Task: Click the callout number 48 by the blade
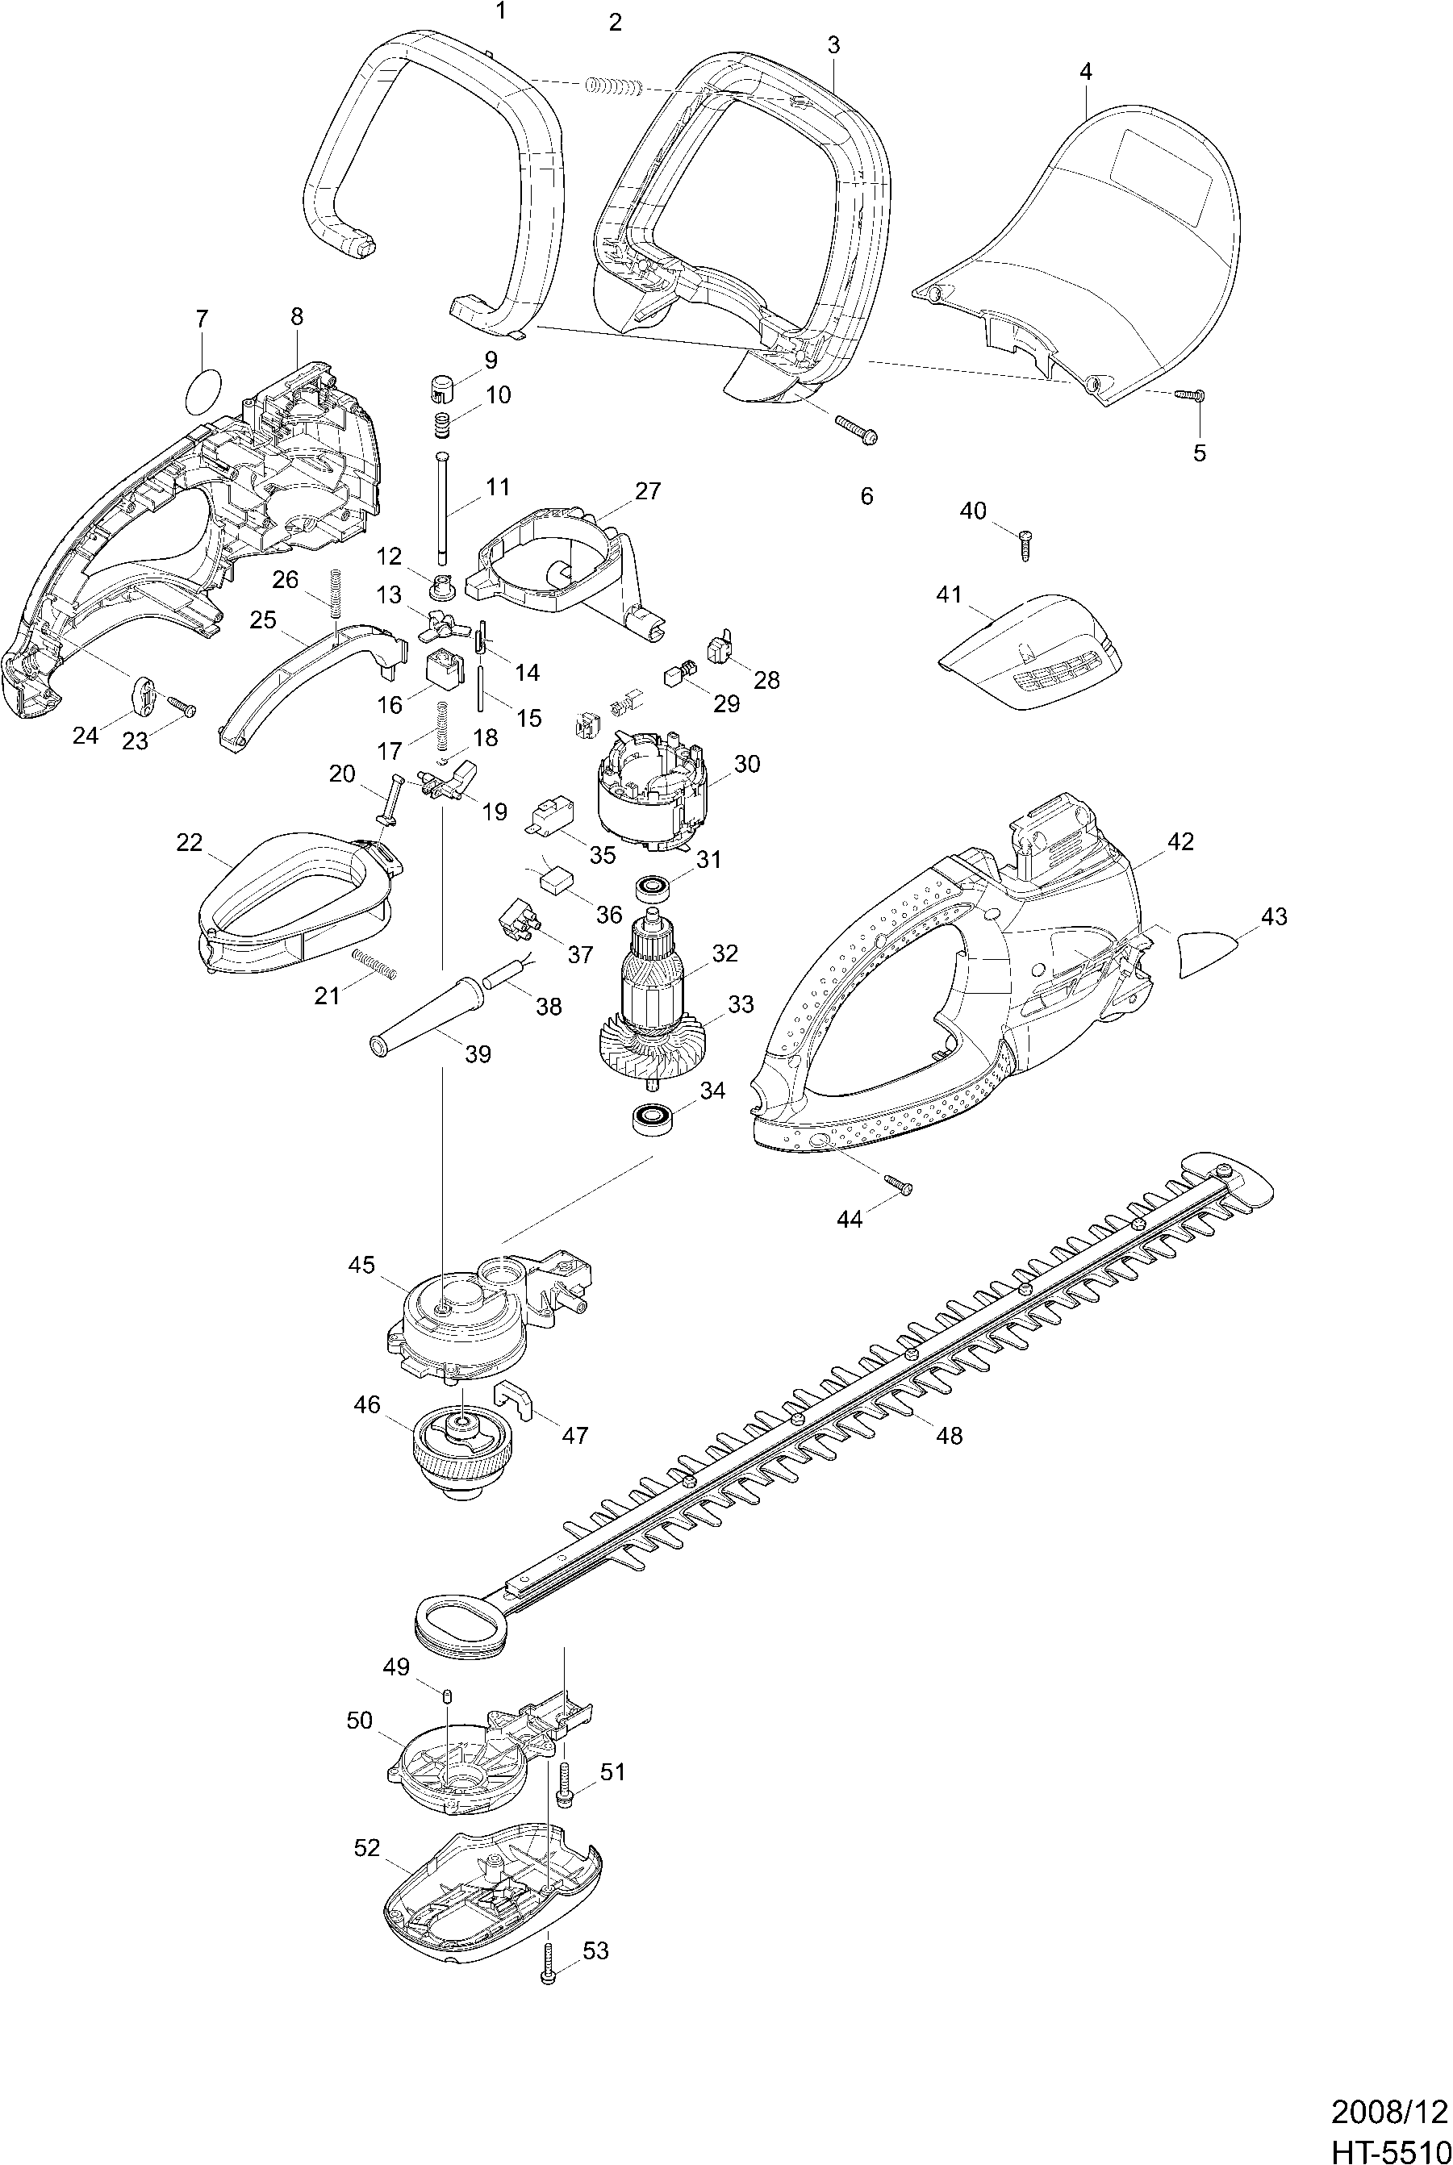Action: click(950, 1435)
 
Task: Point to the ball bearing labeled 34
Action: click(653, 1118)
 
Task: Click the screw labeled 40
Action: click(1025, 544)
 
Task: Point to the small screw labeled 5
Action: click(1189, 394)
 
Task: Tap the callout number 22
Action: click(189, 842)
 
